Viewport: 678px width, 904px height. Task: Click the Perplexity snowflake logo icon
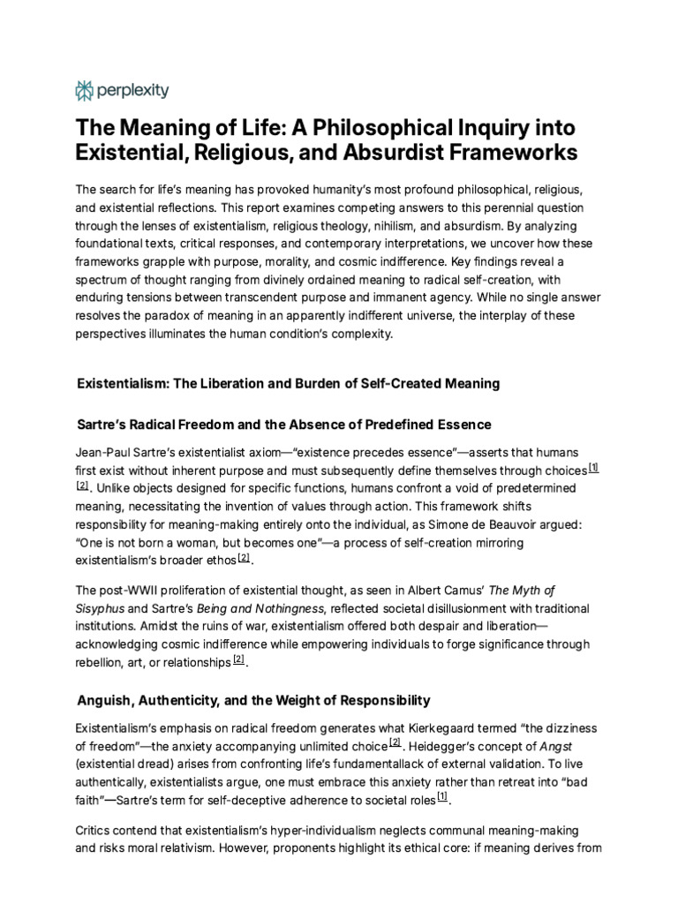[86, 90]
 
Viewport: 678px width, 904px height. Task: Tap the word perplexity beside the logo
[133, 90]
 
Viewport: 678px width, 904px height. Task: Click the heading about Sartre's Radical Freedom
[283, 425]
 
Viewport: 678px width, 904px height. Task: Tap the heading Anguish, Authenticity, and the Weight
[253, 700]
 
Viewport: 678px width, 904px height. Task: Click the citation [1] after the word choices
[593, 468]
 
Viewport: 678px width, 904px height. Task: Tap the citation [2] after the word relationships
[238, 659]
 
